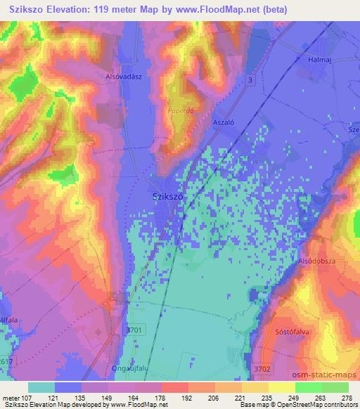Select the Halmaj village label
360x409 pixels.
pyautogui.click(x=320, y=60)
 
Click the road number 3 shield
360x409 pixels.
pyautogui.click(x=250, y=82)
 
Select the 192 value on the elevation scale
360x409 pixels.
pyautogui.click(x=186, y=397)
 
